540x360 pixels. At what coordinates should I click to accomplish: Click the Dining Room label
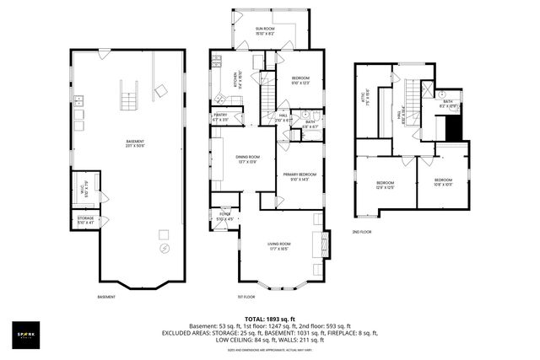[247, 159]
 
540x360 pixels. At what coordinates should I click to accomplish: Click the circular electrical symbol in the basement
[164, 250]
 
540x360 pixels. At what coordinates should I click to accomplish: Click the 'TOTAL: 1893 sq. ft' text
[268, 319]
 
